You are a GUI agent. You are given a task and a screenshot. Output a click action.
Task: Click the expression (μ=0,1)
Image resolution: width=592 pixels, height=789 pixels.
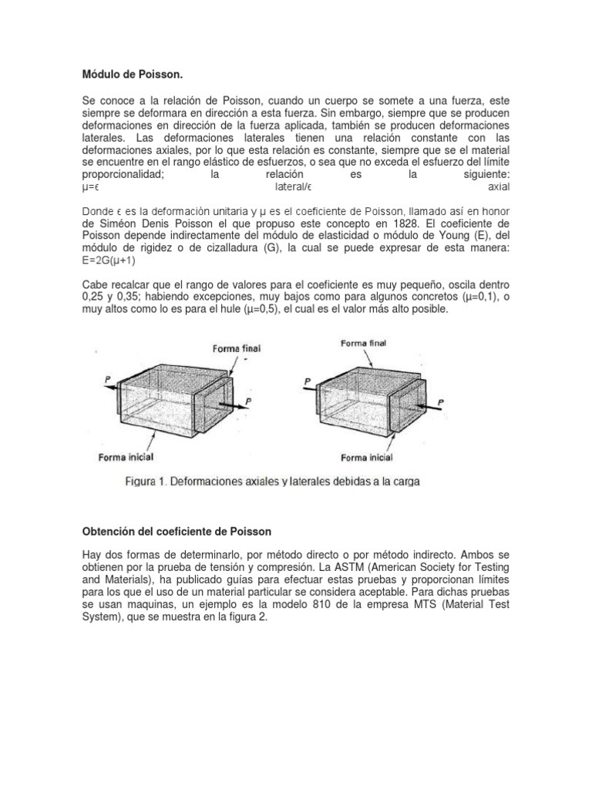(x=475, y=297)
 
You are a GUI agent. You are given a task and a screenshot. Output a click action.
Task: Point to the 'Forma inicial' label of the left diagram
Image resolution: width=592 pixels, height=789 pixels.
(x=123, y=457)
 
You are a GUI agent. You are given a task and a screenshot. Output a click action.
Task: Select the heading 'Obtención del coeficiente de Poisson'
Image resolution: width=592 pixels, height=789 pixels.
(x=177, y=532)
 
